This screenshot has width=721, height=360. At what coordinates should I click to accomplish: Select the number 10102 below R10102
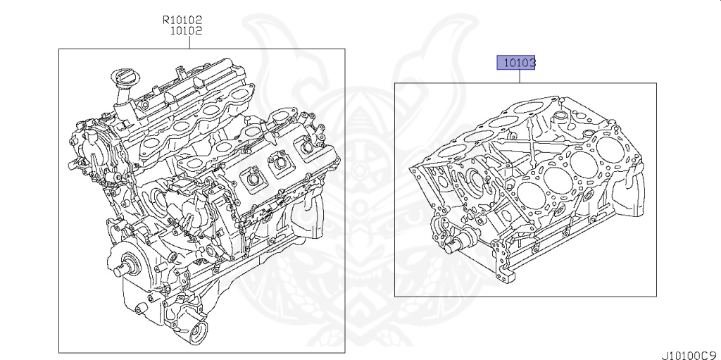(186, 31)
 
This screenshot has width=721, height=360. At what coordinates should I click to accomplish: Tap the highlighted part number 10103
(518, 63)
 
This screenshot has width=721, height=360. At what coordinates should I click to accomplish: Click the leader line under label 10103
(520, 77)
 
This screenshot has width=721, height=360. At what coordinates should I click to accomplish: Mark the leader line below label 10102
(189, 42)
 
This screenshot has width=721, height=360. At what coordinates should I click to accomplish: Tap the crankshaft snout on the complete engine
(125, 267)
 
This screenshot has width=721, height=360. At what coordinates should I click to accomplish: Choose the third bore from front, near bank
(582, 161)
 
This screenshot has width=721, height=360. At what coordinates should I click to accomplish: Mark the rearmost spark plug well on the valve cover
(307, 149)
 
